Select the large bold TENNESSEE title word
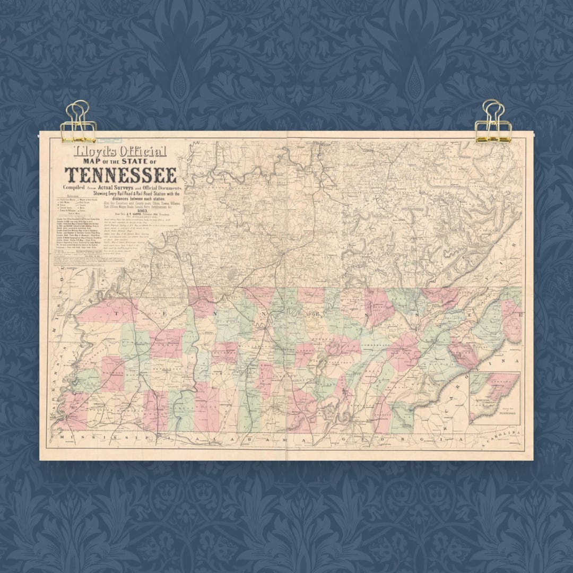[121, 175]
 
